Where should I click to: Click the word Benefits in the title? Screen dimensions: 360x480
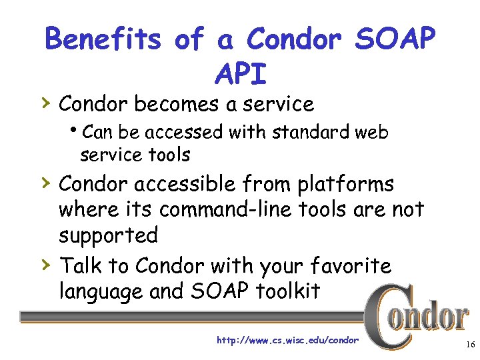103,40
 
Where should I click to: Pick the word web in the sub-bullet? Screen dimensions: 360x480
373,132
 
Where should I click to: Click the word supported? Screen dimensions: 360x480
108,235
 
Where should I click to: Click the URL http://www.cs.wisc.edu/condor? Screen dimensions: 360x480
287,341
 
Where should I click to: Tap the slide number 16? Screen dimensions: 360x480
468,345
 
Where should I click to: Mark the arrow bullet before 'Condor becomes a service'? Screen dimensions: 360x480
45,103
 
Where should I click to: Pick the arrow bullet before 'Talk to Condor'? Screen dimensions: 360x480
45,264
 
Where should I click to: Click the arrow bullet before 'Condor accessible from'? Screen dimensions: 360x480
45,183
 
